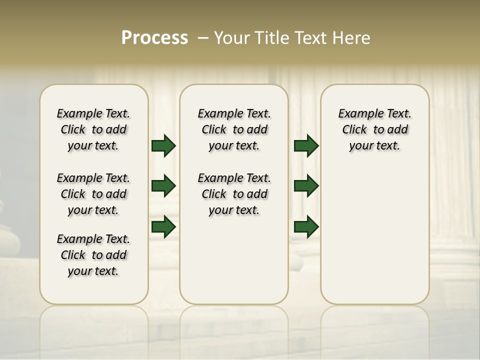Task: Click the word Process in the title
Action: [154, 38]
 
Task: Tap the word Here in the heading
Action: [352, 38]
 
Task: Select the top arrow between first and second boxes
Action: [163, 146]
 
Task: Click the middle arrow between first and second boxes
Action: [163, 186]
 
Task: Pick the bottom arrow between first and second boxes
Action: [163, 226]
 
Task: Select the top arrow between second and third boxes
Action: [306, 146]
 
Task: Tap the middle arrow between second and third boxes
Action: [306, 186]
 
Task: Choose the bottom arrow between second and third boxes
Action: [306, 226]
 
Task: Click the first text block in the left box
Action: [93, 129]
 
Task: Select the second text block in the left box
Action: [93, 194]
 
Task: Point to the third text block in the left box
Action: [93, 255]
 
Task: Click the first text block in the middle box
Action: [234, 129]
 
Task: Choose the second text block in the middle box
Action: [234, 194]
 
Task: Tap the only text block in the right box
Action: [375, 129]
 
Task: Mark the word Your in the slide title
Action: [232, 38]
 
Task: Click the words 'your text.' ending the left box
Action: [93, 271]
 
